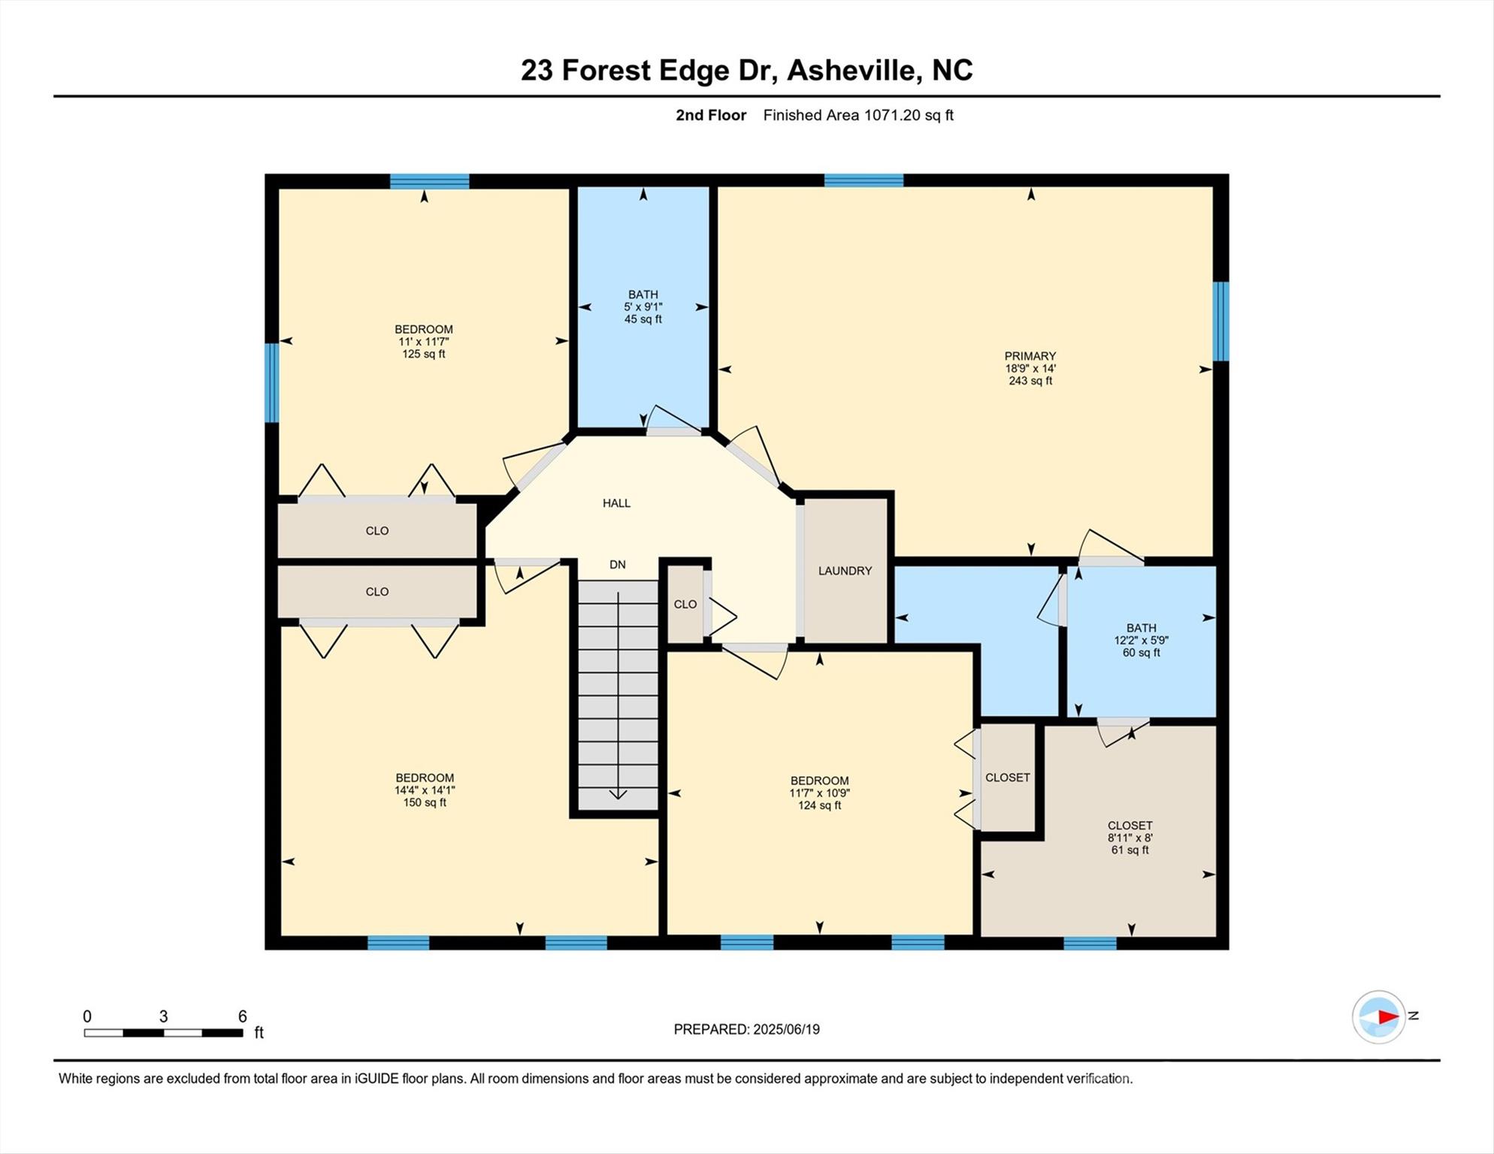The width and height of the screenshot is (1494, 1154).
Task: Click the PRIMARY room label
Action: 1030,356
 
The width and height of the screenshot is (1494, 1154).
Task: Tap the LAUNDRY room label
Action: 845,571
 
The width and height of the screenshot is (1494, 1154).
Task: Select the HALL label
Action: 616,503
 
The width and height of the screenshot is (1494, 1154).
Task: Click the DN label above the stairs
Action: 617,565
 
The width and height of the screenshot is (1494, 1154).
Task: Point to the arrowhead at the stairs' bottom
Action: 618,794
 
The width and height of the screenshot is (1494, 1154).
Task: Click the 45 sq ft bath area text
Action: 643,319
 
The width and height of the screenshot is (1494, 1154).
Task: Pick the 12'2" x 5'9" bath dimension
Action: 1141,641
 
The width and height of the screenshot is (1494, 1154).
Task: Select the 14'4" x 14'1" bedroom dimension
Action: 425,790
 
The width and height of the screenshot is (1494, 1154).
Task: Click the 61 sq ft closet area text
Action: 1130,850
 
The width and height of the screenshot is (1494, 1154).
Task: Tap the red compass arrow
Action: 1387,1017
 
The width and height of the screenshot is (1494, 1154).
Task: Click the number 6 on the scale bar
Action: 242,1017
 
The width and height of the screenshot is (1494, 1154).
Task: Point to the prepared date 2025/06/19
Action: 785,1029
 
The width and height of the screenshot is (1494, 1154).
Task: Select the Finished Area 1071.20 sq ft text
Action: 857,115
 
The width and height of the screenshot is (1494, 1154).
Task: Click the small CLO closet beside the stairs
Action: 685,605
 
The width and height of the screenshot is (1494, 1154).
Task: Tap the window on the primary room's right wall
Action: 1221,321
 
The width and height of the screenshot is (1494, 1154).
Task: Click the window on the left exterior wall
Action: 271,383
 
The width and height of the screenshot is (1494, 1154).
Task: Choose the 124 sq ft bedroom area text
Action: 819,805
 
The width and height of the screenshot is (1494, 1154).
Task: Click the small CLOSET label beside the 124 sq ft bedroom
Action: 1007,778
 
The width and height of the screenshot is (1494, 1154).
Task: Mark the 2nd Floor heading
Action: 710,115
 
